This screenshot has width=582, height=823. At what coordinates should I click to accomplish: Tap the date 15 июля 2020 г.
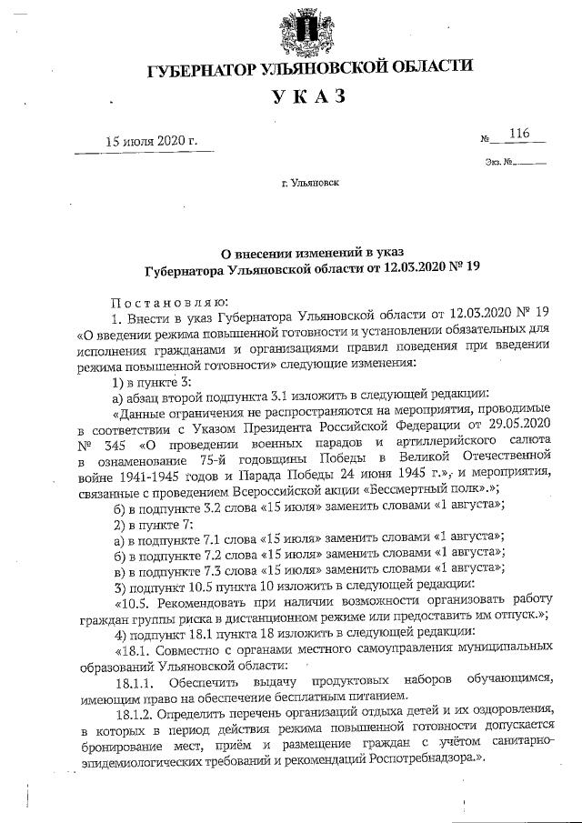(152, 140)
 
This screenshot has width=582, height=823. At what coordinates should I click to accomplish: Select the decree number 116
(519, 134)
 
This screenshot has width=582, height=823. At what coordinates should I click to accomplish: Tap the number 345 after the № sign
(115, 444)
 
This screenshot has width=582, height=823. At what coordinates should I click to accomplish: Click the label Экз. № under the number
(501, 164)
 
